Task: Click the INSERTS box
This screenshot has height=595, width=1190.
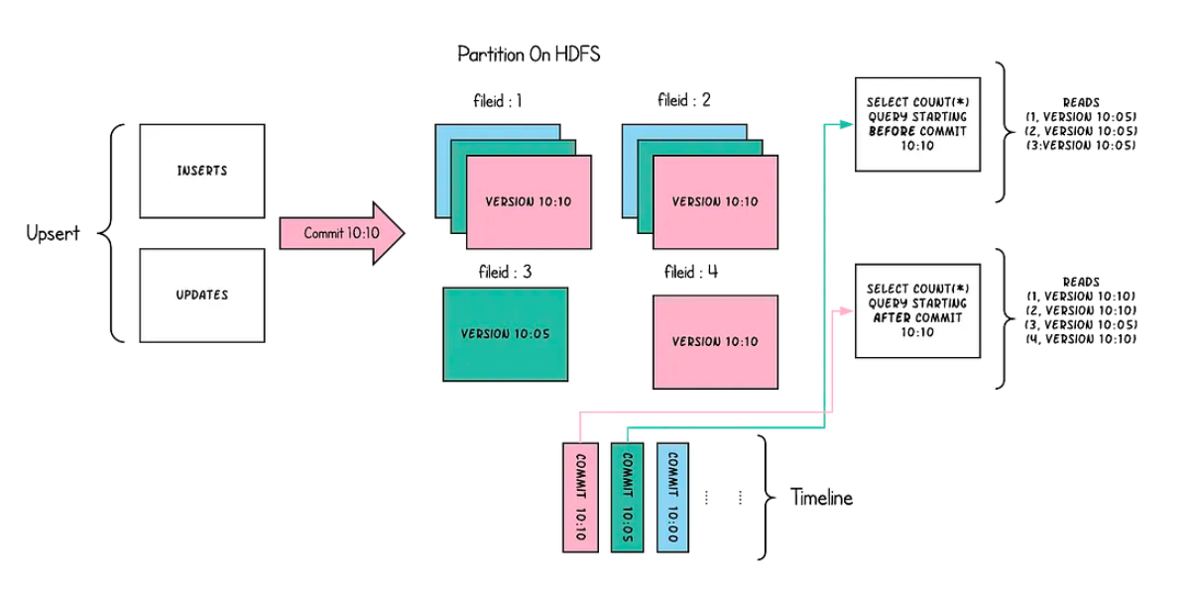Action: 201,171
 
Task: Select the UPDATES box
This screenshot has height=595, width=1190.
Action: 201,295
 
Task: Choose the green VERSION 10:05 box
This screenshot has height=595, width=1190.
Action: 505,334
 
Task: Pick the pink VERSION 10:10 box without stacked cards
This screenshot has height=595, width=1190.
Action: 715,341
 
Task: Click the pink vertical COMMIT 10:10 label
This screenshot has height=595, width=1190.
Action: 580,496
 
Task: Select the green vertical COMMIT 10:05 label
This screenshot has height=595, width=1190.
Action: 627,496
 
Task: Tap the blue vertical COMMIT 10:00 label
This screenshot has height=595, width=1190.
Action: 671,496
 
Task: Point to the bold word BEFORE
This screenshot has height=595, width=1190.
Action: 891,131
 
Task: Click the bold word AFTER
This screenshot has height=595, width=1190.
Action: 890,317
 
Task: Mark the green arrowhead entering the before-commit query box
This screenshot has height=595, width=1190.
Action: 846,124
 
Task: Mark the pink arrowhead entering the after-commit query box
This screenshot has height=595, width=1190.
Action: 846,310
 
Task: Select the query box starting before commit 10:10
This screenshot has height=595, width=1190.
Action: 917,124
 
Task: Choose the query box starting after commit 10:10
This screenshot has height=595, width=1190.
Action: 917,310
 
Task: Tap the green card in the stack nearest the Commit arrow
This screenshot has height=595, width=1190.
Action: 459,193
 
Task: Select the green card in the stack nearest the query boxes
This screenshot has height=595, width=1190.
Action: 646,193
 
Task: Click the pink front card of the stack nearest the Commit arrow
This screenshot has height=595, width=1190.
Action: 529,202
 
